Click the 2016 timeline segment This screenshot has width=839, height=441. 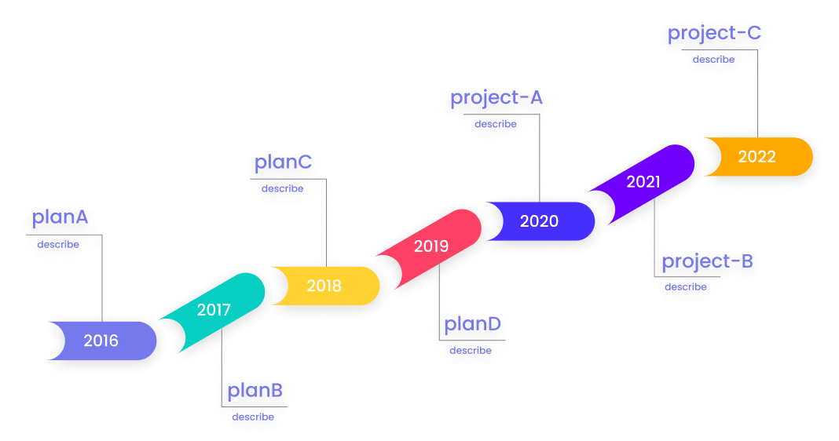tap(101, 341)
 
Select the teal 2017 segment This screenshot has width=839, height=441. tap(214, 310)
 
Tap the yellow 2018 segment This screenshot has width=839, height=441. tap(324, 286)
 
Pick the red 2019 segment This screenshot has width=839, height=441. tap(431, 246)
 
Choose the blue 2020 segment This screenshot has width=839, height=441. tap(539, 221)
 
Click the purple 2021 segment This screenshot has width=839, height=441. tap(643, 182)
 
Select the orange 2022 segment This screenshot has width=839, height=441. tap(757, 157)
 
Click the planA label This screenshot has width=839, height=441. tap(60, 218)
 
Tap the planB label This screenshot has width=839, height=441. tap(255, 391)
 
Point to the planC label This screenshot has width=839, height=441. tap(283, 163)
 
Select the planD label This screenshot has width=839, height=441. tap(472, 324)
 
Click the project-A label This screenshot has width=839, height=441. tap(496, 99)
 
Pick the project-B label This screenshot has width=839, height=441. tap(707, 262)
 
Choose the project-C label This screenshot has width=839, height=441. tap(714, 35)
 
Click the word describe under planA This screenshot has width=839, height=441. tap(58, 244)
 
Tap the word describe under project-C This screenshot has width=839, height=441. tap(713, 60)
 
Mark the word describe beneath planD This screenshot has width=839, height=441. tap(471, 350)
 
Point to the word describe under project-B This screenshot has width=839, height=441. tap(685, 287)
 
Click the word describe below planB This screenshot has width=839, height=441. tap(253, 417)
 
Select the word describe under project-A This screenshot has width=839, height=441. tap(496, 124)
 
